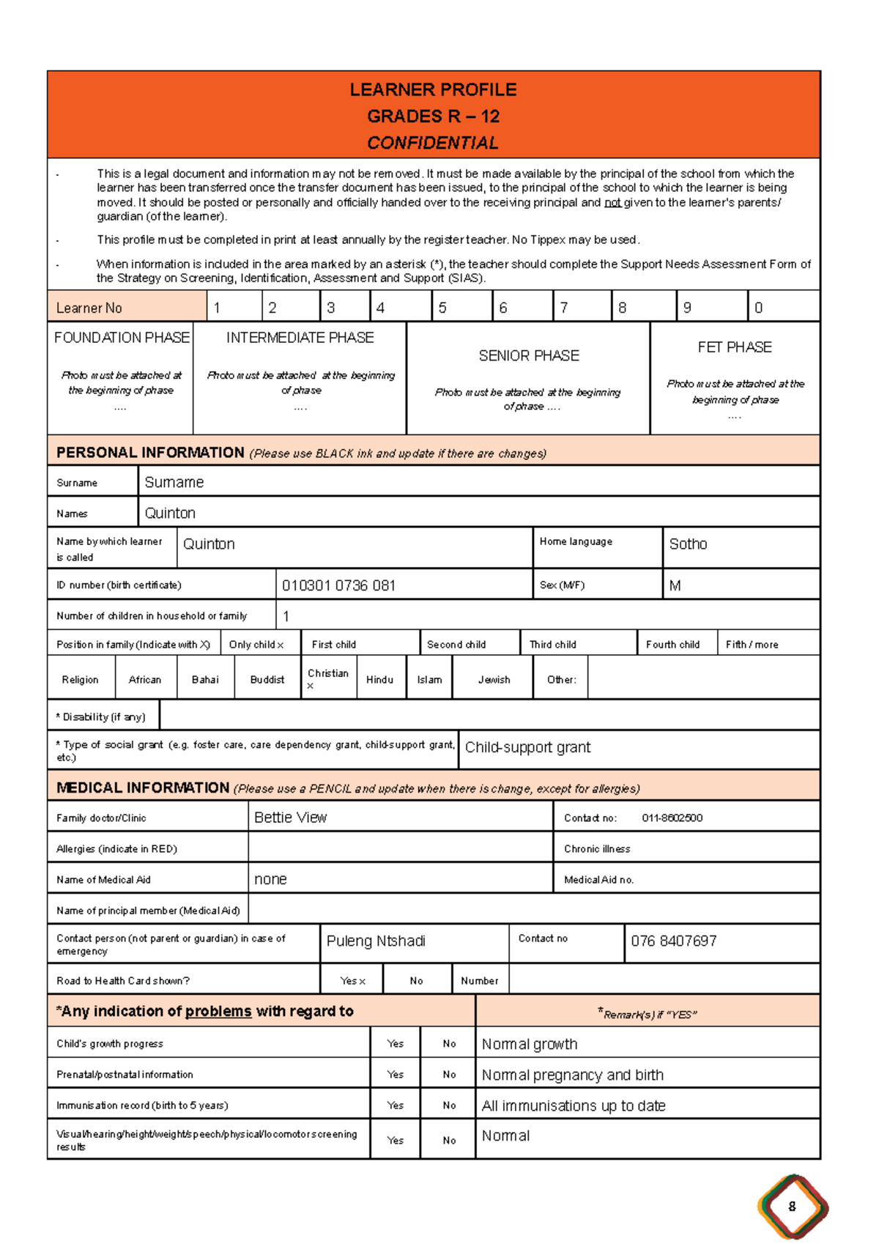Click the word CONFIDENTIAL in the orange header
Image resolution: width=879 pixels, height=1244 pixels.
pyautogui.click(x=432, y=143)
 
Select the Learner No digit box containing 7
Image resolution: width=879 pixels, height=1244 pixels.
pyautogui.click(x=581, y=307)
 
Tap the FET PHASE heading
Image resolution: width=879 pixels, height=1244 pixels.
pyautogui.click(x=734, y=347)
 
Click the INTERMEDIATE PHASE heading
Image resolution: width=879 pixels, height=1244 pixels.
pyautogui.click(x=300, y=338)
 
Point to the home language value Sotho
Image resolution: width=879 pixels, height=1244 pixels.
pyautogui.click(x=688, y=544)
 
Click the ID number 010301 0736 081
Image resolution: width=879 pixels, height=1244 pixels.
pyautogui.click(x=338, y=585)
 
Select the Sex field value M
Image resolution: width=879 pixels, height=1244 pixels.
pyautogui.click(x=675, y=585)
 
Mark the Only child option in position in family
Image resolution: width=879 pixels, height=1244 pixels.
pyautogui.click(x=256, y=645)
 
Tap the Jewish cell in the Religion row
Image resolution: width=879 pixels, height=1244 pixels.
pyautogui.click(x=494, y=680)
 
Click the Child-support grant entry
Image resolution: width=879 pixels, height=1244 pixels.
pyautogui.click(x=527, y=747)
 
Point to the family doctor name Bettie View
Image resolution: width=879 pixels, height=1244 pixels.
pyautogui.click(x=290, y=818)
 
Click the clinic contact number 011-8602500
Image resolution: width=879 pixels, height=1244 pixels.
pyautogui.click(x=672, y=818)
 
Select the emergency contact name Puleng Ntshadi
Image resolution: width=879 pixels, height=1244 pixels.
pyautogui.click(x=376, y=941)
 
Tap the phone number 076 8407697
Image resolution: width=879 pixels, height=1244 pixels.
pyautogui.click(x=673, y=941)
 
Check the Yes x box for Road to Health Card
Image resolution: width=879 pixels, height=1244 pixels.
pyautogui.click(x=352, y=981)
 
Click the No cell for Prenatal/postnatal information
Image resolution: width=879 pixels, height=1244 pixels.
pyautogui.click(x=449, y=1075)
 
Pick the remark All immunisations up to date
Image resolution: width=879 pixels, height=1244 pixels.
pyautogui.click(x=574, y=1106)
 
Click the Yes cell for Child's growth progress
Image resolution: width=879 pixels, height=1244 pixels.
pyautogui.click(x=395, y=1044)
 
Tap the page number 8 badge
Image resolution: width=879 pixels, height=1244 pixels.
pyautogui.click(x=792, y=1206)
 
